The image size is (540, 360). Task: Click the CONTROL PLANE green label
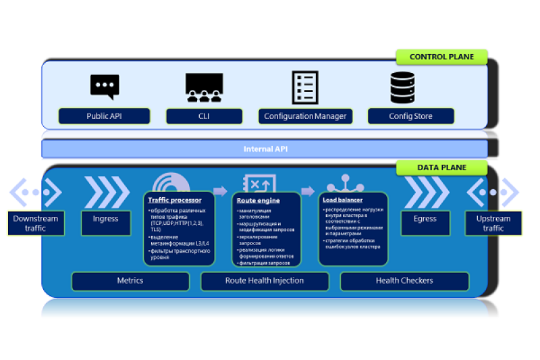point(441,57)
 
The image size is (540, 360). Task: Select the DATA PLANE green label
point(441,168)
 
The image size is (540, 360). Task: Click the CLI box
point(204,116)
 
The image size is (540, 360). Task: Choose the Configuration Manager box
point(305,116)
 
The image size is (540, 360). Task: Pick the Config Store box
point(410,116)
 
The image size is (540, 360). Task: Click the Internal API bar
point(264,149)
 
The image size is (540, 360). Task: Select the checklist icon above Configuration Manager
point(305,87)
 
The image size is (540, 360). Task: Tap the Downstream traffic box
point(36,224)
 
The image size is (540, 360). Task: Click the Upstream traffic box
point(493,224)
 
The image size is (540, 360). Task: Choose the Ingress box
point(105,219)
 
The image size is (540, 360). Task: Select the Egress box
point(425,219)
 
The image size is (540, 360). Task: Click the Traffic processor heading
point(174,200)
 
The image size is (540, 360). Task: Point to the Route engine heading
point(258,201)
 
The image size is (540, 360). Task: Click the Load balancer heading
point(344,200)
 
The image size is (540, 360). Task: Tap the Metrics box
point(130,280)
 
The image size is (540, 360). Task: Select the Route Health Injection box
point(264,280)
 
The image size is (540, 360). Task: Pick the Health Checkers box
point(404,280)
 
